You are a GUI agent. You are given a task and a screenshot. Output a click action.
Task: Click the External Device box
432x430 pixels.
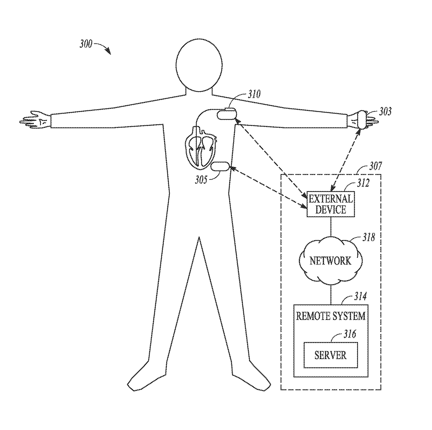pos(330,204)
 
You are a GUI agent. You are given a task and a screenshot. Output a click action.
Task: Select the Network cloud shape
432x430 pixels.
pos(330,260)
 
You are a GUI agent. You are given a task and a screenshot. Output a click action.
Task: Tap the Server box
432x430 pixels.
pos(330,355)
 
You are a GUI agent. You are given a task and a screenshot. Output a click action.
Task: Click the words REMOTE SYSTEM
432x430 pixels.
pos(330,316)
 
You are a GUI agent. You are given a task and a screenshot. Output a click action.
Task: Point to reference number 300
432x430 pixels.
pos(86,44)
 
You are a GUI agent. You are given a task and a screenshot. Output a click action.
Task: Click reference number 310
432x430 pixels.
pos(254,94)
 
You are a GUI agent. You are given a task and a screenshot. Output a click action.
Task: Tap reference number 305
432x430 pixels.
pos(201,180)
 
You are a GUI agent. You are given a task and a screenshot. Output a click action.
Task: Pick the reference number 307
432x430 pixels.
pos(375,166)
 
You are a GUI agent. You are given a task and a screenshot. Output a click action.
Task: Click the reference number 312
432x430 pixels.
pos(363,183)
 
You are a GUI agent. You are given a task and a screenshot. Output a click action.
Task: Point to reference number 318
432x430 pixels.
pos(369,237)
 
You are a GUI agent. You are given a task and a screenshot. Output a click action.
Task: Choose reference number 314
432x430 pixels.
pos(360,296)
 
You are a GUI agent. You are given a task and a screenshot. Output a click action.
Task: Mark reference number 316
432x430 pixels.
pos(350,334)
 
